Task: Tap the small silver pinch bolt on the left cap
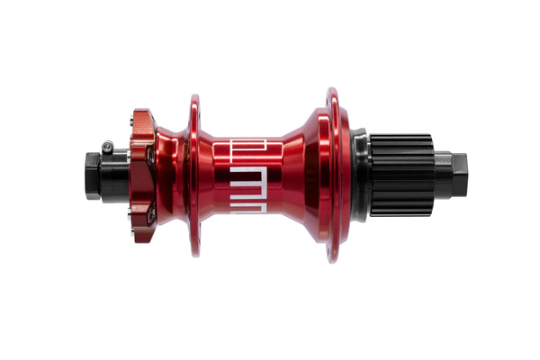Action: pos(108,145)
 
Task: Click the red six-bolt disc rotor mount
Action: pos(141,175)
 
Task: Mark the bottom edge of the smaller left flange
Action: pos(194,253)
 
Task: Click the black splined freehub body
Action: pos(401,175)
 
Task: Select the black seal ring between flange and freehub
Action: pos(359,175)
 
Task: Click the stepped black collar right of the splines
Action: pos(440,175)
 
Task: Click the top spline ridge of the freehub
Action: pos(401,138)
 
